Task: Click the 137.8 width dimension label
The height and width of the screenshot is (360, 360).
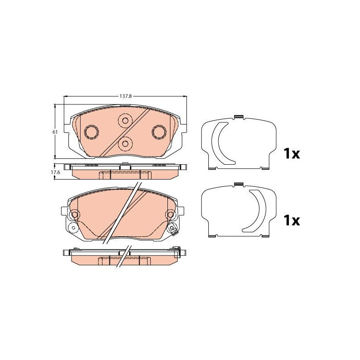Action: click(x=125, y=96)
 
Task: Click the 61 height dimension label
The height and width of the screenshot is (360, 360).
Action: click(x=55, y=132)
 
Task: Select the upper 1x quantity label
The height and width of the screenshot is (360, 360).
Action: click(x=292, y=153)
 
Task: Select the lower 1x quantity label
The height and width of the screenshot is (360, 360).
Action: click(x=292, y=220)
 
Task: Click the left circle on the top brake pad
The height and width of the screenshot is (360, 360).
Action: click(x=92, y=132)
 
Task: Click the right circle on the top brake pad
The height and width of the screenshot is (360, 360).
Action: click(x=159, y=132)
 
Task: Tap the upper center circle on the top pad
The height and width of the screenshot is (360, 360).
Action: click(x=125, y=120)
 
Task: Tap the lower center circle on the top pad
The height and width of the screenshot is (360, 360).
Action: click(x=125, y=144)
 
